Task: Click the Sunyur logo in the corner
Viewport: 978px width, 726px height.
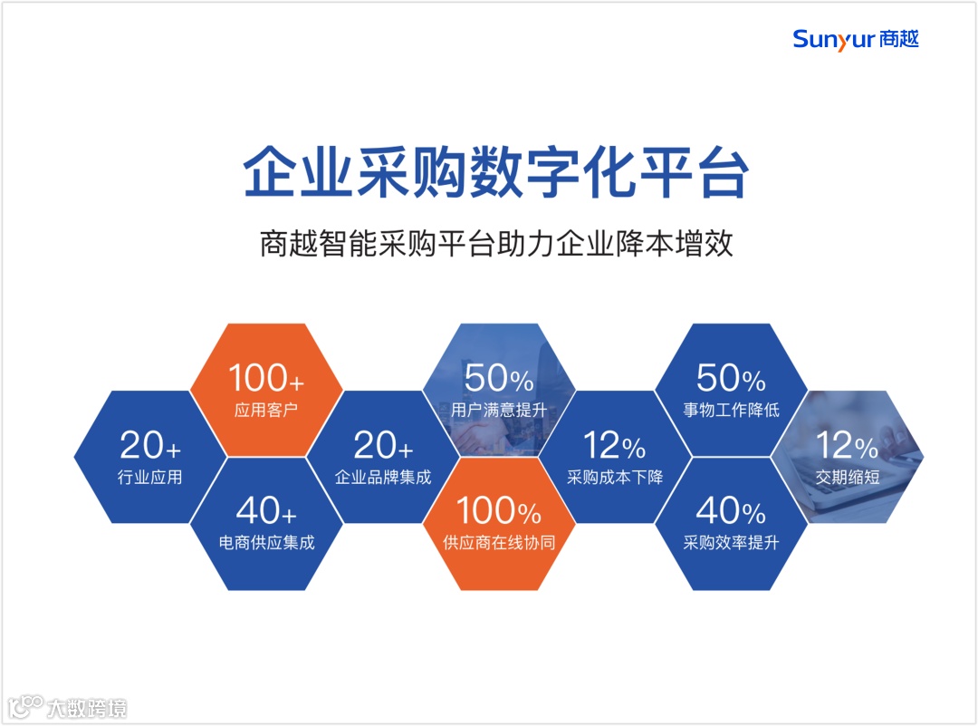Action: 855,39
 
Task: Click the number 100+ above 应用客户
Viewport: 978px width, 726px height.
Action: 266,378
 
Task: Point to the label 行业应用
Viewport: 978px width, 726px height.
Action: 150,477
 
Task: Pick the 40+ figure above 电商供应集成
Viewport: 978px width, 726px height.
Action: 266,511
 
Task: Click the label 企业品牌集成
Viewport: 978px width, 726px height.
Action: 383,477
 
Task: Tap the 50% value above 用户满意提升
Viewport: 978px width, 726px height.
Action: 499,378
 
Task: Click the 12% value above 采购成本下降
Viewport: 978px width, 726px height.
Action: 615,445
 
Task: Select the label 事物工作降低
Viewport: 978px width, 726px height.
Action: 731,410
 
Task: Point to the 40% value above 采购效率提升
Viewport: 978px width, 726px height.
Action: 731,511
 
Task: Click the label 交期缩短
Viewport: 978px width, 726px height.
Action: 848,477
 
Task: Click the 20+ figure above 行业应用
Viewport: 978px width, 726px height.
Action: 150,445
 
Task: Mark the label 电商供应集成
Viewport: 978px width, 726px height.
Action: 266,543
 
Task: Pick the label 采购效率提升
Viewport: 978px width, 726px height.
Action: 731,543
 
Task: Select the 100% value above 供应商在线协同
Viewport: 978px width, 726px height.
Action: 499,511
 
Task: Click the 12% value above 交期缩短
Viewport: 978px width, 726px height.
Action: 848,445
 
